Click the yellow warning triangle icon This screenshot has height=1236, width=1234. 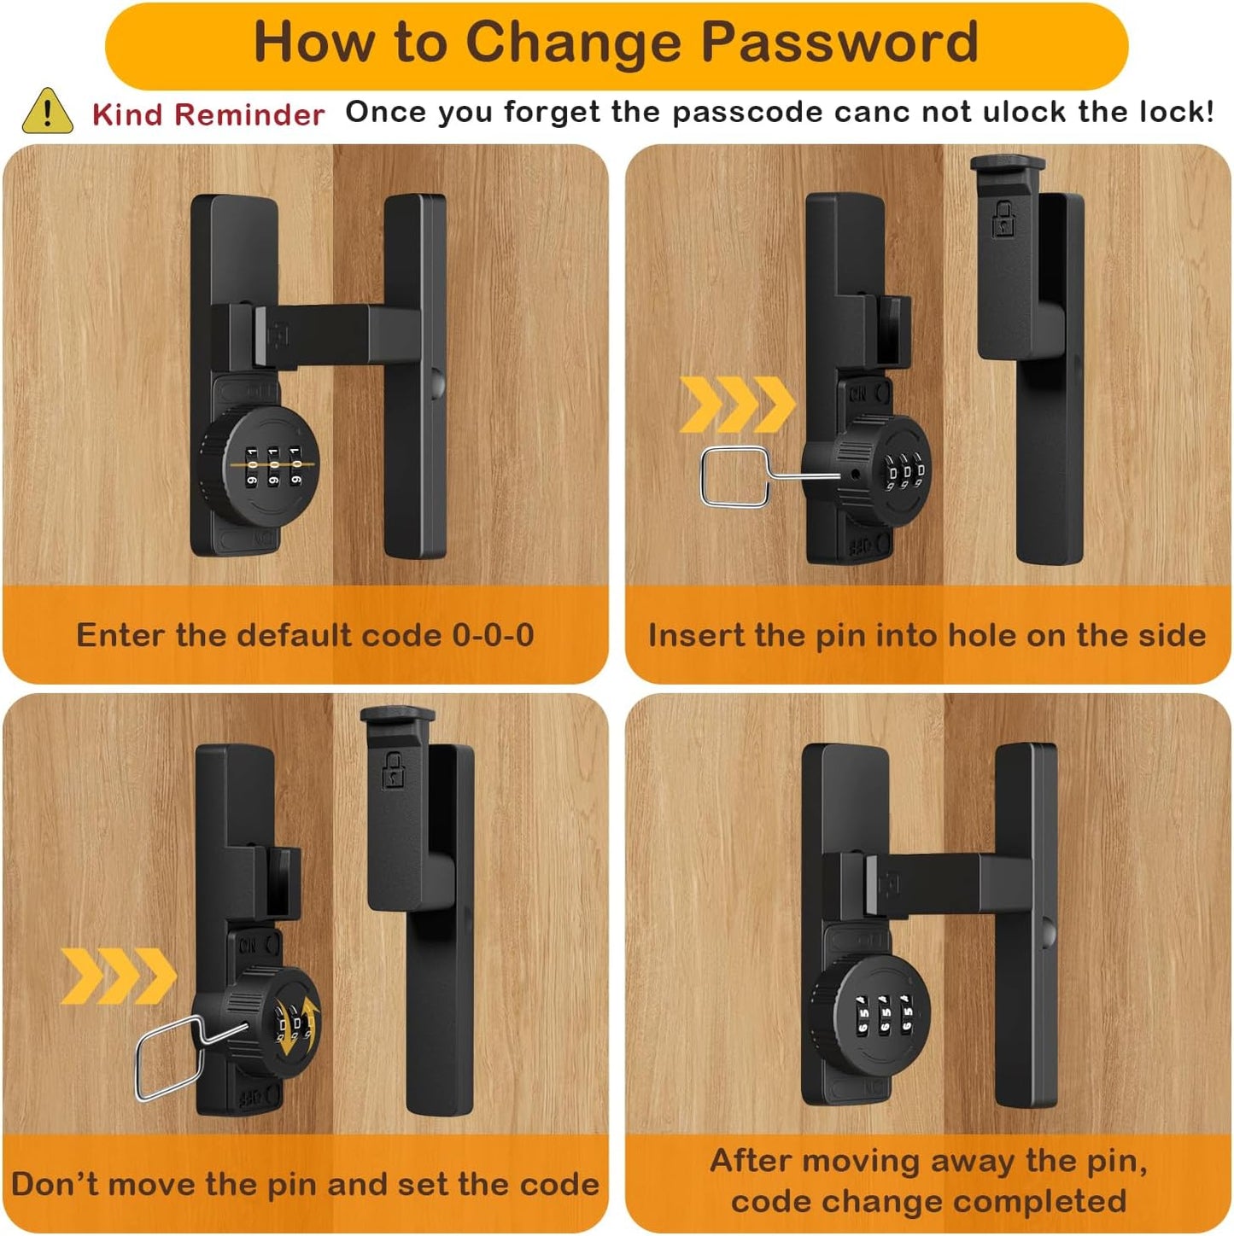pos(47,112)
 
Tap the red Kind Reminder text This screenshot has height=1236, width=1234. pos(208,114)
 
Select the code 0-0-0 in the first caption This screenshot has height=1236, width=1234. pos(493,635)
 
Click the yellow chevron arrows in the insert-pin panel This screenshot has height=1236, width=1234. pos(737,404)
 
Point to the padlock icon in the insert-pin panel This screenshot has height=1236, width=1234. pos(1003,219)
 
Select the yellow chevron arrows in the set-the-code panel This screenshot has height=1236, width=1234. pos(118,975)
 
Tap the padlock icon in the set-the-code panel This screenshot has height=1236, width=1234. pos(393,770)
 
